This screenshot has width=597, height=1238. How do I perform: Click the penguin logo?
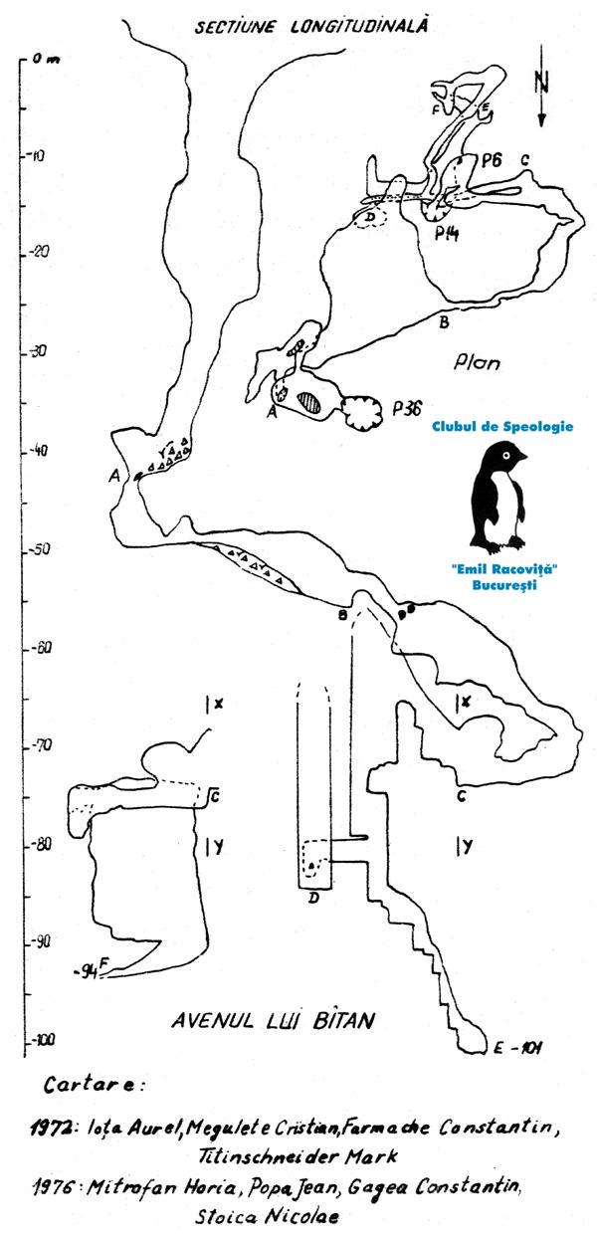(504, 498)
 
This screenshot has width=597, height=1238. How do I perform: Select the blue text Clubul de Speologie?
(502, 426)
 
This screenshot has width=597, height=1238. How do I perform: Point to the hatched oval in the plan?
(311, 400)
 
